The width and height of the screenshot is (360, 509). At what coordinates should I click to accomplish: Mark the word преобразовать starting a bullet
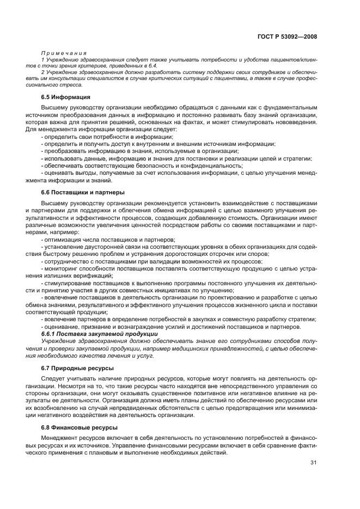(x=66, y=151)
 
